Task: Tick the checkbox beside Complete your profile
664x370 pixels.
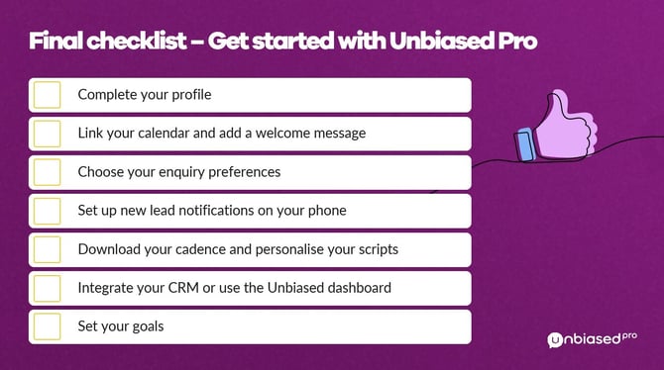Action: [x=47, y=95]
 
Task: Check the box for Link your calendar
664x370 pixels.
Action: [x=47, y=134]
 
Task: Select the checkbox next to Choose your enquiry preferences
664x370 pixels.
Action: [x=47, y=172]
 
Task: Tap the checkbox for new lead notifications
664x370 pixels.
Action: [x=47, y=211]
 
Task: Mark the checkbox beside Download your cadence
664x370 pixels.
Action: [x=47, y=249]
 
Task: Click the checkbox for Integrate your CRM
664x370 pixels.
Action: [x=47, y=288]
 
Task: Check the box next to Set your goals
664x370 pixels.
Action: [x=47, y=326]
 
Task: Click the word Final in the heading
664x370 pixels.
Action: [x=56, y=43]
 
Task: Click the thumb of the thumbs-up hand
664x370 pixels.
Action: [x=562, y=105]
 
